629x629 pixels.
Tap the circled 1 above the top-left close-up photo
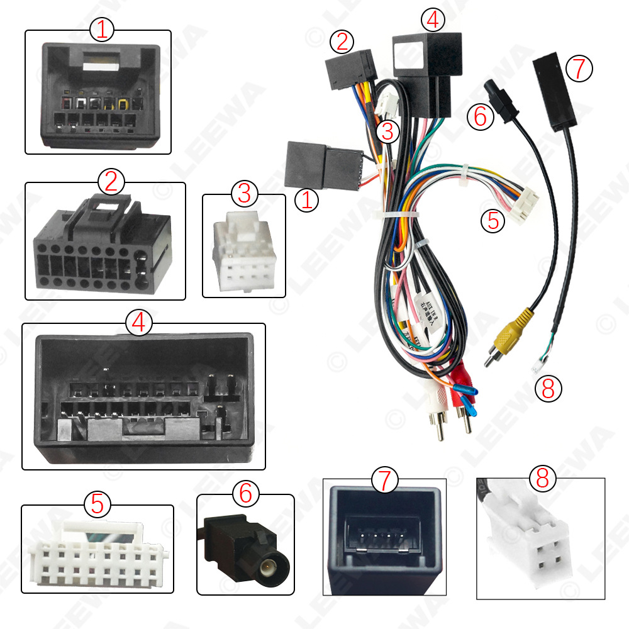click(103, 30)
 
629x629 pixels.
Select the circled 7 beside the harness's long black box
click(579, 68)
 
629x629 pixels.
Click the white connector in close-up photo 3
click(243, 252)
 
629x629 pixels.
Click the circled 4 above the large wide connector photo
click(139, 323)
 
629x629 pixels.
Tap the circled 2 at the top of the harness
click(342, 42)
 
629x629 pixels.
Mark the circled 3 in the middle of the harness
click(387, 131)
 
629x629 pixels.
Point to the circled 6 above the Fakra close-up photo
click(245, 494)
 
